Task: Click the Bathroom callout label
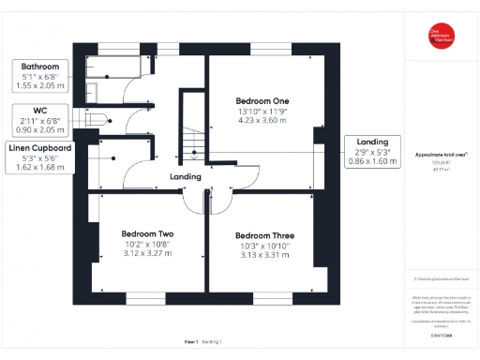coord(39,67)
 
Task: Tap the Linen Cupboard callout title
coord(40,148)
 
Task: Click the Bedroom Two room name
coord(148,233)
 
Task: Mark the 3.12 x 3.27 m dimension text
coord(148,252)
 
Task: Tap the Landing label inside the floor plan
coord(186,176)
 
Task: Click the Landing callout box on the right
coord(372,151)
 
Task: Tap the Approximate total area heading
coord(441,154)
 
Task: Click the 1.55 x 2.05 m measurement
coord(40,86)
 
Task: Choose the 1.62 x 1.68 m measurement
coord(40,168)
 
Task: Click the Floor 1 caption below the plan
coord(191,343)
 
